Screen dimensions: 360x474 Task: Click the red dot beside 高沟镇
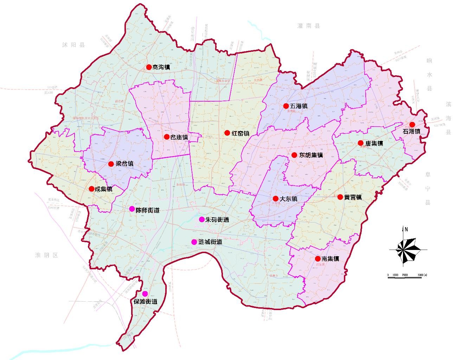click(x=149, y=67)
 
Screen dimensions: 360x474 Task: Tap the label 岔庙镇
click(x=179, y=137)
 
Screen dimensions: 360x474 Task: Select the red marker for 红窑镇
click(x=227, y=133)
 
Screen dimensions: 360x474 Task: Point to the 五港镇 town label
click(x=299, y=106)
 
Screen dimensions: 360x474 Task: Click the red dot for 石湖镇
click(x=412, y=124)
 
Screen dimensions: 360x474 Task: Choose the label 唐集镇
click(x=374, y=143)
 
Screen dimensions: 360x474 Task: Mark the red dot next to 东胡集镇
click(x=294, y=155)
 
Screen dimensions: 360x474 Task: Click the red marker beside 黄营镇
click(x=340, y=197)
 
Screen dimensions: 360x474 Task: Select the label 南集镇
click(x=330, y=259)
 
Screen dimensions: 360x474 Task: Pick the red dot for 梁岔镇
click(x=111, y=164)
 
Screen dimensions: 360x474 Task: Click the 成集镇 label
click(x=103, y=189)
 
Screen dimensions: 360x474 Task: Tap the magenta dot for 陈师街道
click(x=132, y=208)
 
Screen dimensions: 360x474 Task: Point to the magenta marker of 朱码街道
click(x=201, y=219)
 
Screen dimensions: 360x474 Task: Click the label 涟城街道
click(x=210, y=242)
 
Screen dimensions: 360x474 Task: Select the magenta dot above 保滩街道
click(x=145, y=294)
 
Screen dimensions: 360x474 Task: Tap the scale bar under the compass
click(x=404, y=277)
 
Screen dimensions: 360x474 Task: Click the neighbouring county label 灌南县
click(x=308, y=26)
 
